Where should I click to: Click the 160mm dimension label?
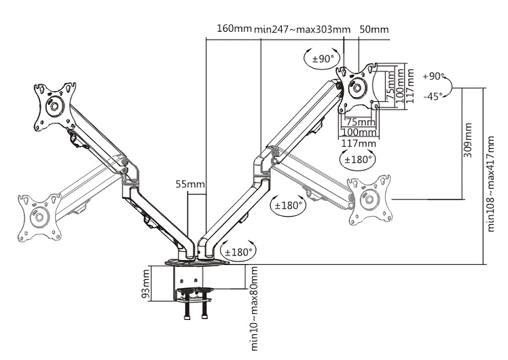(234, 29)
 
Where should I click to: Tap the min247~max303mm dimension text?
(302, 29)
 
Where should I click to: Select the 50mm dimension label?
(374, 29)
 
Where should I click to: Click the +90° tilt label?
(432, 77)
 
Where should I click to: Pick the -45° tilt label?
(432, 96)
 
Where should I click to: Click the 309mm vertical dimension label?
(468, 140)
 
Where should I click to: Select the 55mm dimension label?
(190, 184)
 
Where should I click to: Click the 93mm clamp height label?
(146, 285)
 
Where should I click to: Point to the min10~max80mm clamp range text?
(255, 309)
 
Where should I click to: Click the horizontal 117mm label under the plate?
(359, 143)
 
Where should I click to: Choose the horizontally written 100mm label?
(359, 132)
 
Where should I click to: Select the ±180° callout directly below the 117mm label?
(359, 160)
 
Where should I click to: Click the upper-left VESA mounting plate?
(55, 106)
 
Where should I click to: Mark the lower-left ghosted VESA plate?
(39, 217)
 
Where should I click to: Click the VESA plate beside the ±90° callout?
(359, 87)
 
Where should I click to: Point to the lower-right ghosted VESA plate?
(370, 199)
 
